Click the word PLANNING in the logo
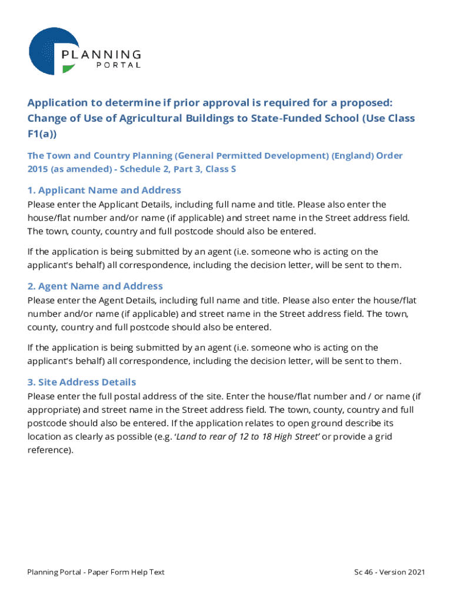click(101, 55)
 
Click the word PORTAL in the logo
click(118, 65)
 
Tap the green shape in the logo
click(68, 69)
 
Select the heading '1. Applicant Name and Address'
click(104, 190)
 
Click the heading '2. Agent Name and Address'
click(95, 286)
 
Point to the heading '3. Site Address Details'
click(82, 382)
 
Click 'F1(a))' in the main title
click(42, 134)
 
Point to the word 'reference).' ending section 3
click(51, 450)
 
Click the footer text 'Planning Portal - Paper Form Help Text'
click(96, 572)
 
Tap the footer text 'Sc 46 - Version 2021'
click(389, 572)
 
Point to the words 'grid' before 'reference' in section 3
click(385, 436)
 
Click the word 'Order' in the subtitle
click(389, 156)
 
